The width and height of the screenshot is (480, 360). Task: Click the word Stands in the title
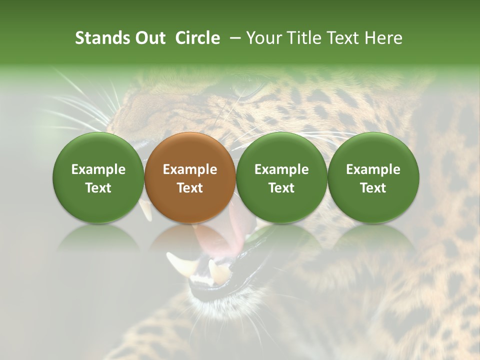97,38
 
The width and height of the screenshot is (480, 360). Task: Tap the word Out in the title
149,38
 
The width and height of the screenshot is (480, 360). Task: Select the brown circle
190,177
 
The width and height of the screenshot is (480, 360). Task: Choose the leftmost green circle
98,177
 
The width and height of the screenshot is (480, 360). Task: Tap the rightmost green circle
373,177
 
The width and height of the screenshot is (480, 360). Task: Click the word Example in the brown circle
190,169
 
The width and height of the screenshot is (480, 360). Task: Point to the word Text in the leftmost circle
98,188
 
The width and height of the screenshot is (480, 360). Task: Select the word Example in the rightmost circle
373,169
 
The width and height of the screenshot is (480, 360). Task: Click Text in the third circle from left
281,188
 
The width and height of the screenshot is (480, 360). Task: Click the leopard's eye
248,90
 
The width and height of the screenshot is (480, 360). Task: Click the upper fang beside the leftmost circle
146,210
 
